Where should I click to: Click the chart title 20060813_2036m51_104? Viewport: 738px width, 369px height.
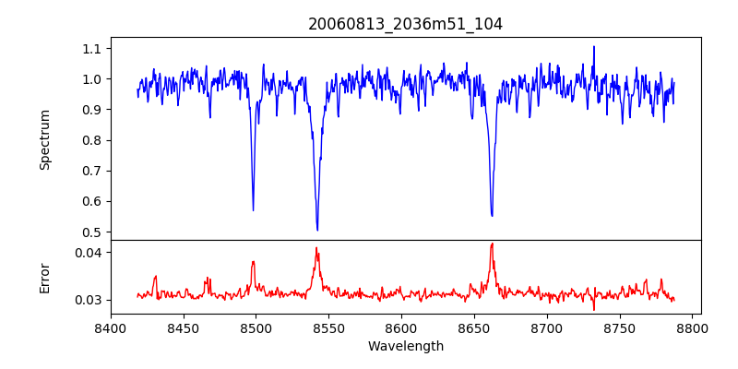click(x=405, y=24)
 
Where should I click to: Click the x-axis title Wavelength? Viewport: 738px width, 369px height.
click(x=405, y=346)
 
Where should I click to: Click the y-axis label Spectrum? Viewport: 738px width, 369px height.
click(x=44, y=139)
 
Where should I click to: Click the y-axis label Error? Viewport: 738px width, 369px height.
click(x=44, y=278)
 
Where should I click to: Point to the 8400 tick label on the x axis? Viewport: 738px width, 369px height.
click(x=111, y=327)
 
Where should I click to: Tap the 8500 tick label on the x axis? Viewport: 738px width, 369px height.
click(x=256, y=327)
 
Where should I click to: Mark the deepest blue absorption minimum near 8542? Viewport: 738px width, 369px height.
click(x=317, y=230)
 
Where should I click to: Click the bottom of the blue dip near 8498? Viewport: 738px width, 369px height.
click(x=253, y=210)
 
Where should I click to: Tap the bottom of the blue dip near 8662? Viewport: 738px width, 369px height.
click(x=492, y=216)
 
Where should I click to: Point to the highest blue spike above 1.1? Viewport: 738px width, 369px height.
click(x=594, y=46)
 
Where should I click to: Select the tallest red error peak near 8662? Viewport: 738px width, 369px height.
click(x=492, y=244)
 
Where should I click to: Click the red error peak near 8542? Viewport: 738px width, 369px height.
click(x=316, y=248)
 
